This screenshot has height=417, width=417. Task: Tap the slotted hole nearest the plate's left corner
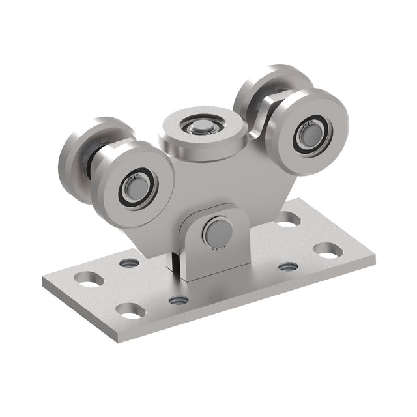88,279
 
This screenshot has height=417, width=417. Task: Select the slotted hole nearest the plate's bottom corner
131,310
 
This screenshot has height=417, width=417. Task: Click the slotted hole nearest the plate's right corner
328,249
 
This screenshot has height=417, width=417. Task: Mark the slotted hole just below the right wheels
288,219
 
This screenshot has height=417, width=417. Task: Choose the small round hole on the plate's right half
288,266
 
